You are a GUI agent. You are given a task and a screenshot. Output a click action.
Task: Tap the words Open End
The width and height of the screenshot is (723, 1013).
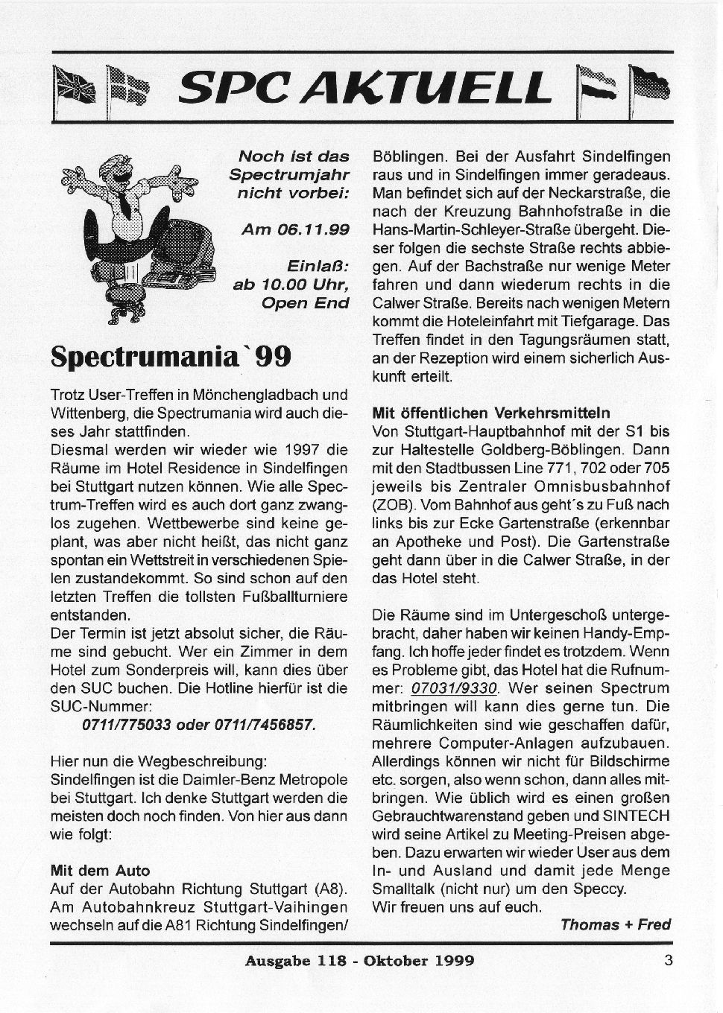306,302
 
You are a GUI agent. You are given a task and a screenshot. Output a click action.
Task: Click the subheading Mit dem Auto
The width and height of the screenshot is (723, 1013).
100,870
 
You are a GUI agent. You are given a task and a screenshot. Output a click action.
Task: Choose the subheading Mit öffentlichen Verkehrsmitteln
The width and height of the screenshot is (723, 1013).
490,413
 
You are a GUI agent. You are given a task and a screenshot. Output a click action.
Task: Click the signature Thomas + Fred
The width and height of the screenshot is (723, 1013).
615,924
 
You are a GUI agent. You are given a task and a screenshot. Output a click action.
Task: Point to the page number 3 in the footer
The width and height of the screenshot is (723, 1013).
668,960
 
